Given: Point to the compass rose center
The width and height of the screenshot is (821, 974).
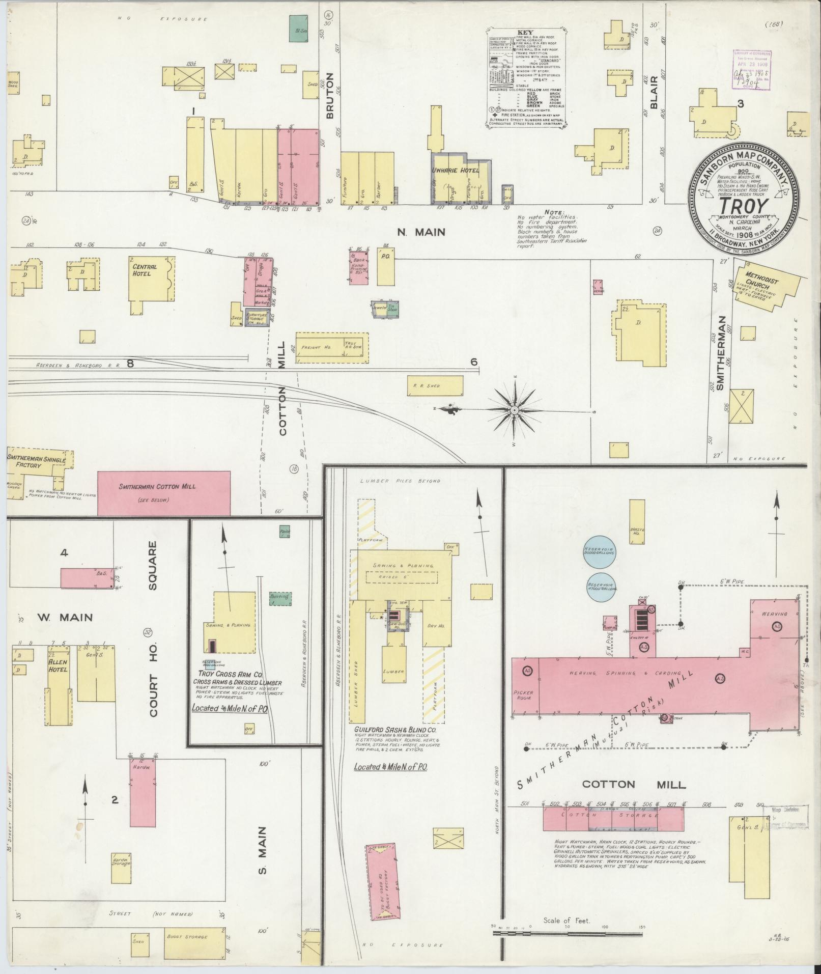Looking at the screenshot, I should point(514,409).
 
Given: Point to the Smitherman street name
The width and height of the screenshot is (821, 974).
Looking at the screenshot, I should point(720,359).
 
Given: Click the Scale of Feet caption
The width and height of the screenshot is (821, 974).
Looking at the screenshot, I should point(567,921).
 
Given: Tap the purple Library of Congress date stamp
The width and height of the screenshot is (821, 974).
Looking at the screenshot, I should point(752,70).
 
